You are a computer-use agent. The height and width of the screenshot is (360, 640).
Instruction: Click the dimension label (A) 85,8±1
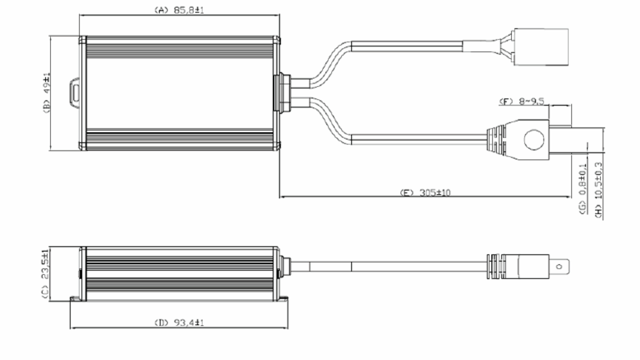point(179,10)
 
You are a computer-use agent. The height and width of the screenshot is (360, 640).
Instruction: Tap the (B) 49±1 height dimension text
point(46,93)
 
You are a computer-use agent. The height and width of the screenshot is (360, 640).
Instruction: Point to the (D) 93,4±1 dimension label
point(179,323)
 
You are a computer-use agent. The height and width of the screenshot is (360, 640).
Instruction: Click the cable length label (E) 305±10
point(425,192)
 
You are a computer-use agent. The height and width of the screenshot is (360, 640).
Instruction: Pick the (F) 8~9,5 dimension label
point(521,101)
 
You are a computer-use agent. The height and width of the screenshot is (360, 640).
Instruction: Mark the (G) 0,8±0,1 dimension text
point(582,188)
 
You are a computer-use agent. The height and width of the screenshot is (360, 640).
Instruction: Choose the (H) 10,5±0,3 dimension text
point(598,190)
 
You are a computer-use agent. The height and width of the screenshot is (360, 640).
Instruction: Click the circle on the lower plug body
point(534,139)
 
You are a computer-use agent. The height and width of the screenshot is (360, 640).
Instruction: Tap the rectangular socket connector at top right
point(541,47)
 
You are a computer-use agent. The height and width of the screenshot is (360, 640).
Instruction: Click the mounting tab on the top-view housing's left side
point(75,93)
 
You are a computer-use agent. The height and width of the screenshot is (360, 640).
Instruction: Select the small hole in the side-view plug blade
point(559,266)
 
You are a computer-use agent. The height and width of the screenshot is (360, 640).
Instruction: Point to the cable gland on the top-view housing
point(282,92)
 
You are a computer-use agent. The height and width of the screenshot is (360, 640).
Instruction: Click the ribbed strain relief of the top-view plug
point(496,139)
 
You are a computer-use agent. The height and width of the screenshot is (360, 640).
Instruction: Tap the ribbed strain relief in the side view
point(496,266)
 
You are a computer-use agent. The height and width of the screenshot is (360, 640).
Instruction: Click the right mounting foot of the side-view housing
point(283,298)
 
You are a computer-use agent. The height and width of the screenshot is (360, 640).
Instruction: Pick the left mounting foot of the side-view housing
point(74,298)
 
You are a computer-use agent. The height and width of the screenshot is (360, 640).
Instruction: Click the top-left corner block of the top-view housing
point(83,40)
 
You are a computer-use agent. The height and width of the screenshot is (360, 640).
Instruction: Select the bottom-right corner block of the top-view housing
point(276,146)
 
